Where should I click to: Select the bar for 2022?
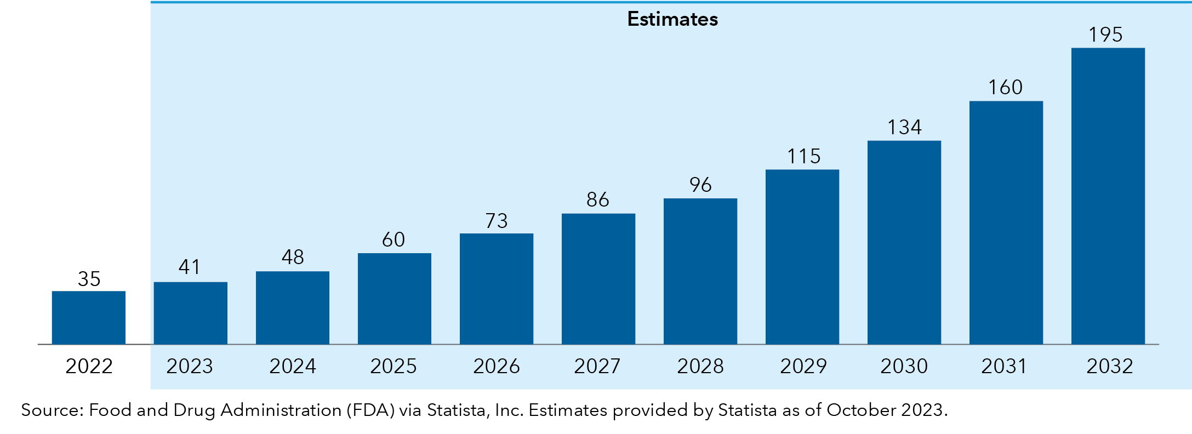tap(88, 317)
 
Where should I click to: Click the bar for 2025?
tap(394, 299)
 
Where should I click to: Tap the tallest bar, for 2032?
tap(1108, 196)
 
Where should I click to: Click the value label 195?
tap(1105, 35)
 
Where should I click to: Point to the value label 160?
tap(1005, 88)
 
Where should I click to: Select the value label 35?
tap(89, 279)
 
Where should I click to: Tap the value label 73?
tap(497, 221)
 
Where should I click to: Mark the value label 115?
tap(803, 157)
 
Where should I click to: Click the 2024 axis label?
tap(292, 366)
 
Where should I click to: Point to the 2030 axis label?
tap(904, 366)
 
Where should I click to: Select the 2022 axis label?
tap(89, 366)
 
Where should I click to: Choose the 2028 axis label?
tap(700, 366)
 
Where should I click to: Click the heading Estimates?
tap(672, 19)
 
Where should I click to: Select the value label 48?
tap(293, 257)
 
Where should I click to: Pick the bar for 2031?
tap(1006, 222)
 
